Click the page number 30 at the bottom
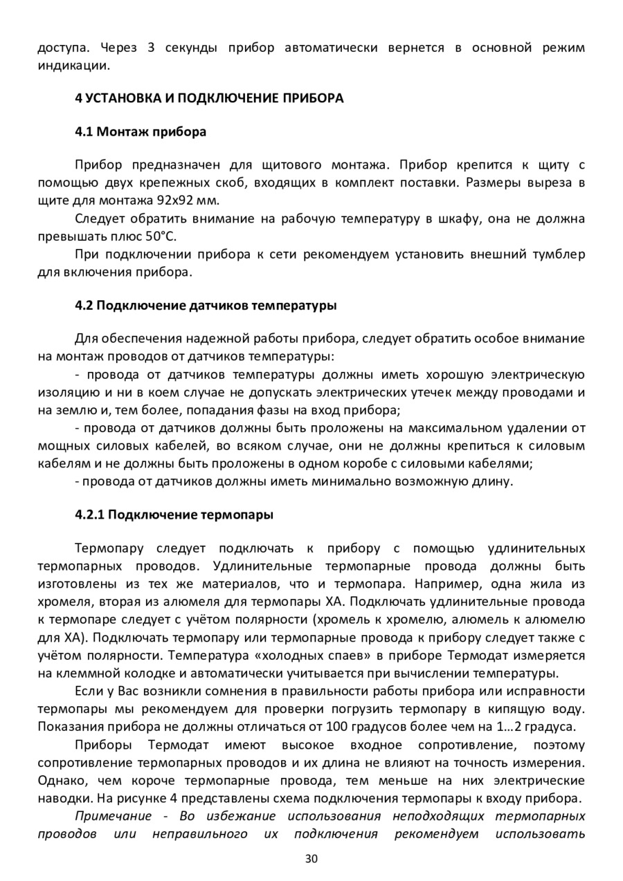[x=311, y=860]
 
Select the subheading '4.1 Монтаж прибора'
[x=141, y=131]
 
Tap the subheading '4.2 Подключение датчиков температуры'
[x=206, y=305]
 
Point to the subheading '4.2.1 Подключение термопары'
[x=174, y=515]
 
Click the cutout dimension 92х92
[x=174, y=201]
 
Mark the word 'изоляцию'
[x=61, y=393]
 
